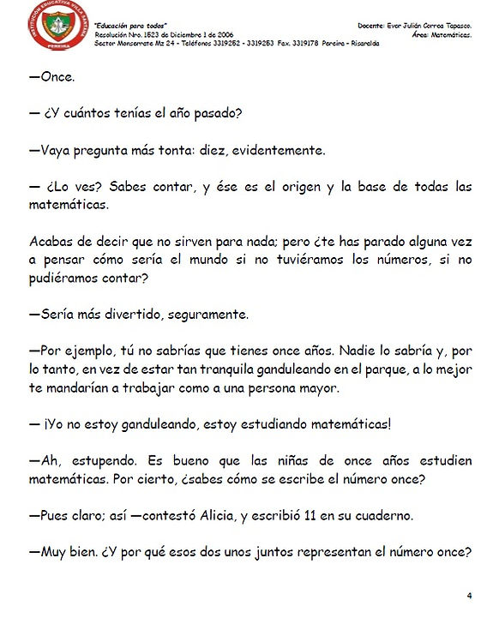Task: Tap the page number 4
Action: [469, 595]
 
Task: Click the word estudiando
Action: [286, 424]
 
